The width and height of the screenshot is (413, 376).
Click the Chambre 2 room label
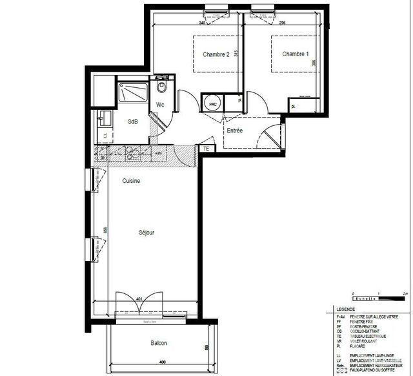[216, 55]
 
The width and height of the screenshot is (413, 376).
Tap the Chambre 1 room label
[296, 54]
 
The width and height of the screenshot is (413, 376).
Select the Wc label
[161, 104]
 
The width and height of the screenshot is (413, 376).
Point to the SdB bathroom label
[132, 121]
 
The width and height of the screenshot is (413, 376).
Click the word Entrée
[234, 131]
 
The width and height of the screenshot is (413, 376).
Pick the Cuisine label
[132, 181]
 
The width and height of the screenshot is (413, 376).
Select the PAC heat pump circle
[212, 103]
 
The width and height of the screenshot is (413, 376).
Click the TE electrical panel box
[206, 149]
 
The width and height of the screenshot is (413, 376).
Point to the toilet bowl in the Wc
[161, 86]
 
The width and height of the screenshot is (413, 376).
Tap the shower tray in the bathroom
[133, 92]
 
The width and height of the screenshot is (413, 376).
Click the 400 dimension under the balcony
[162, 361]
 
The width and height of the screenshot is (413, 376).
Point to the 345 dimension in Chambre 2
[201, 23]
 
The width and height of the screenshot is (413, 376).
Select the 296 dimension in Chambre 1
[283, 23]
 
